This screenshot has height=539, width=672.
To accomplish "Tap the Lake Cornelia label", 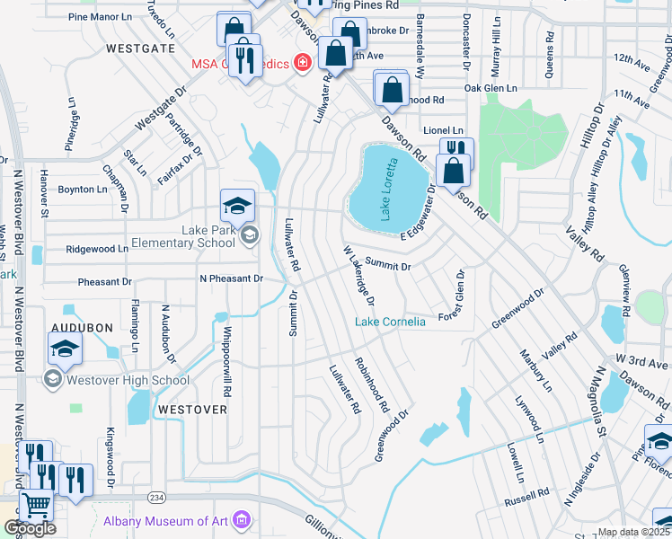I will pyautogui.click(x=390, y=322).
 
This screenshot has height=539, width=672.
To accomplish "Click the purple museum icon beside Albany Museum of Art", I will pyautogui.click(x=240, y=520).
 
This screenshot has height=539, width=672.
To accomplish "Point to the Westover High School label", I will pyautogui.click(x=117, y=380).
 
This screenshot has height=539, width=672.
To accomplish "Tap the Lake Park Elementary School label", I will pyautogui.click(x=183, y=236).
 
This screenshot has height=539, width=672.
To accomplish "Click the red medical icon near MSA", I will pyautogui.click(x=302, y=62).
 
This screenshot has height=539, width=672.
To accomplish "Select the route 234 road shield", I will pyautogui.click(x=157, y=497).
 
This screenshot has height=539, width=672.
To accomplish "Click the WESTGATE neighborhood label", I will pyautogui.click(x=139, y=48).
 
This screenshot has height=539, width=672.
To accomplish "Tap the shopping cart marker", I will pyautogui.click(x=36, y=506).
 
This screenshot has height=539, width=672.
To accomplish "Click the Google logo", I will pyautogui.click(x=30, y=528).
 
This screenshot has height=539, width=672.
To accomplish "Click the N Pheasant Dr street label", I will pyautogui.click(x=231, y=278).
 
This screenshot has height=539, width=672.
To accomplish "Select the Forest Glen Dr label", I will pyautogui.click(x=450, y=297).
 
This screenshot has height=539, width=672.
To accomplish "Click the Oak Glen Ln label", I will pyautogui.click(x=491, y=88).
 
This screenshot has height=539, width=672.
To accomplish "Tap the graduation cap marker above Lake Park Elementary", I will pyautogui.click(x=238, y=206).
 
